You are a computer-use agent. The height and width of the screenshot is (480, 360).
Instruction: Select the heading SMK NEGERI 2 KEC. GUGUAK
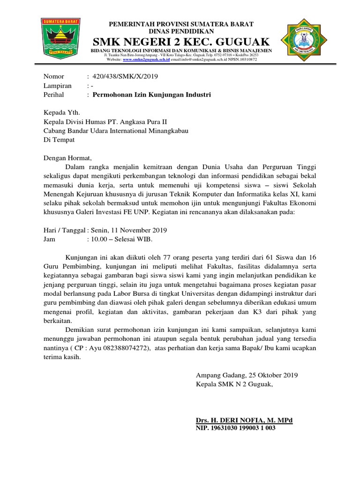[x=181, y=40]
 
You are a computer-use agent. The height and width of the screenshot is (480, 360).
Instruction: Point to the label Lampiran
[x=58, y=86]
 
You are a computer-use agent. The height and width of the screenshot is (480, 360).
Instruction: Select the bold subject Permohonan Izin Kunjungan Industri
[x=152, y=95]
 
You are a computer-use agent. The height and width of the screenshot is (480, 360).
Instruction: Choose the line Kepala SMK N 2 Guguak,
[x=233, y=384]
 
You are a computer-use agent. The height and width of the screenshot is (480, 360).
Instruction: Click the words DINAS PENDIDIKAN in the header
[x=181, y=30]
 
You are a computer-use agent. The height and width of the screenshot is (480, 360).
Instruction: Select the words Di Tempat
[x=59, y=140]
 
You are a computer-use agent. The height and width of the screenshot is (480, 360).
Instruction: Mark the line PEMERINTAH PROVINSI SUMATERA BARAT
[x=181, y=23]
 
